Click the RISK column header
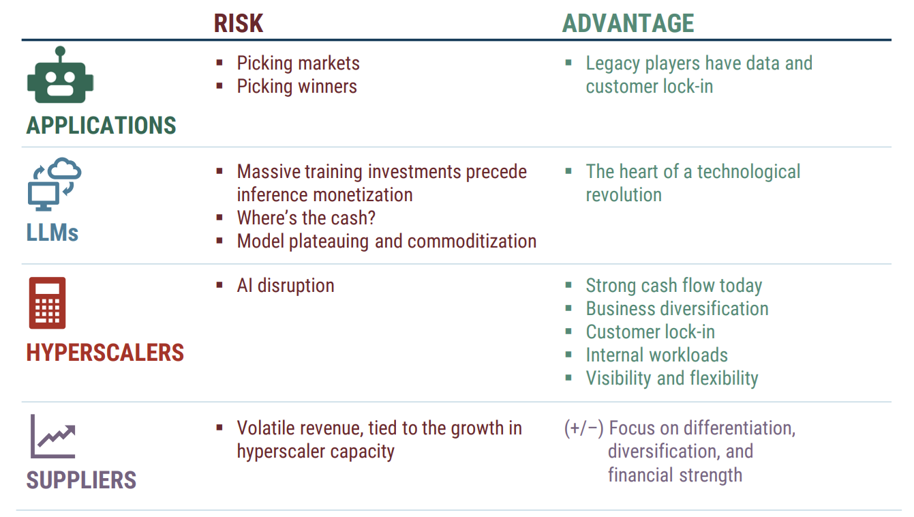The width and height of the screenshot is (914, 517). [x=239, y=23]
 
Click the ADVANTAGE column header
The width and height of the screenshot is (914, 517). [x=628, y=23]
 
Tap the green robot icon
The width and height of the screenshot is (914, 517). [x=61, y=74]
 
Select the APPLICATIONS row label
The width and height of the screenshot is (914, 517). [x=101, y=125]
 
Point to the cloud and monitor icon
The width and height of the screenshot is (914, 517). [x=55, y=183]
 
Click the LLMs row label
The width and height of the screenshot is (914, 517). [x=52, y=233]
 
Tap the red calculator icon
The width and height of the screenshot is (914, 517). [x=47, y=303]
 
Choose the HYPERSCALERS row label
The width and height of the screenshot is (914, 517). [x=105, y=353]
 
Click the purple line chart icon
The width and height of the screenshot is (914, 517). [x=53, y=436]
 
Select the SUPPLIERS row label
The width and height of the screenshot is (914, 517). [x=81, y=480]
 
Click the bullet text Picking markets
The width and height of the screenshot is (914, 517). [x=299, y=63]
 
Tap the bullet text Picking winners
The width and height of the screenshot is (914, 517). [x=297, y=87]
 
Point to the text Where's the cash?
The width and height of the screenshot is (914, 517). [x=306, y=218]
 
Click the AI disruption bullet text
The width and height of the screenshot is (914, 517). [x=286, y=286]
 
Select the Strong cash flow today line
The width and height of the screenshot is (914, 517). [x=674, y=286]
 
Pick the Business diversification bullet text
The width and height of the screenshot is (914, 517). [x=677, y=309]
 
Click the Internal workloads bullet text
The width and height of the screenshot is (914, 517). [x=657, y=355]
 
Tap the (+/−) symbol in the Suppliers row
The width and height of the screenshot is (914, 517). [x=583, y=429]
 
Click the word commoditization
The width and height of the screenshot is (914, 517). [x=472, y=241]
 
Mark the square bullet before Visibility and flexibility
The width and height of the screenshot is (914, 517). [x=568, y=378]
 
